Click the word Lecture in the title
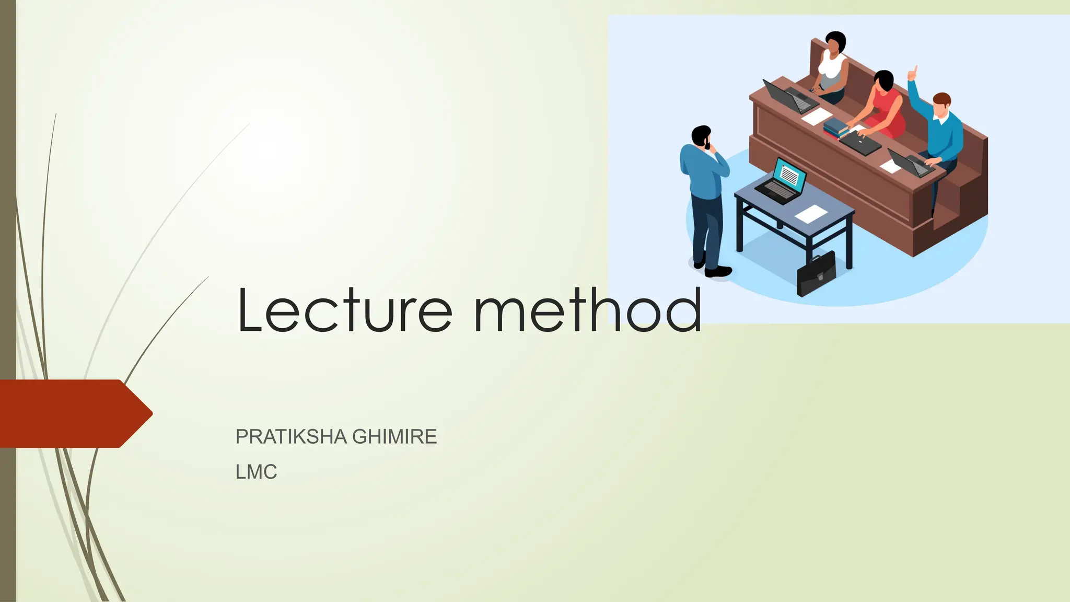pyautogui.click(x=345, y=311)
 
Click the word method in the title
pyautogui.click(x=588, y=311)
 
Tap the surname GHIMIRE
pyautogui.click(x=394, y=436)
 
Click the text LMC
pyautogui.click(x=256, y=472)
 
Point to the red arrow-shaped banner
pyautogui.click(x=73, y=413)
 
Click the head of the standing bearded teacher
pyautogui.click(x=701, y=136)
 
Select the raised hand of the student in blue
pyautogui.click(x=913, y=73)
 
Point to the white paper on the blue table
pyautogui.click(x=811, y=213)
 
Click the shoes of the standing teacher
pyautogui.click(x=716, y=270)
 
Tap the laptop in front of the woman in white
pyautogui.click(x=786, y=97)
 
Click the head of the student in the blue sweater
pyautogui.click(x=941, y=103)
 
